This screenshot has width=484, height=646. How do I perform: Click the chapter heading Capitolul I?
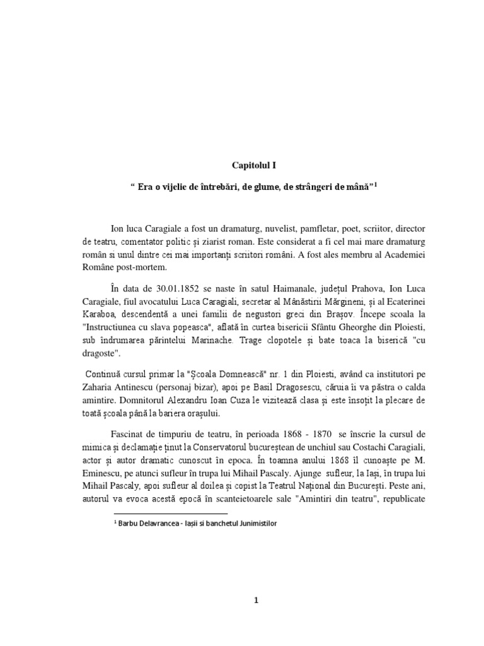[x=252, y=165]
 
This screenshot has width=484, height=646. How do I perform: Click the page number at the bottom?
[x=256, y=583]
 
